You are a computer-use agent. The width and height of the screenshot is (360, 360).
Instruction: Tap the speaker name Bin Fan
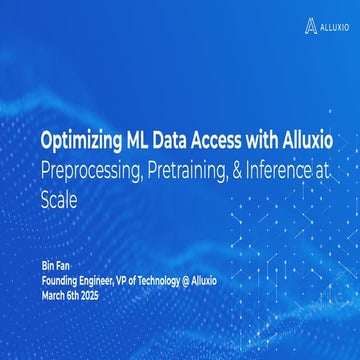click(55, 265)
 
